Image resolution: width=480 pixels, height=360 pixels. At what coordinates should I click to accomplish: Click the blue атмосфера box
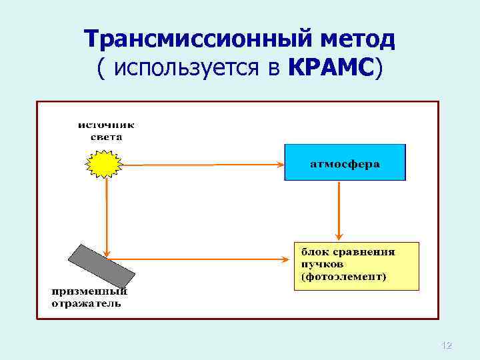click(345, 162)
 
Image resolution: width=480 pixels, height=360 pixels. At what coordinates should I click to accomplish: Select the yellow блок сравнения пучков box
click(357, 265)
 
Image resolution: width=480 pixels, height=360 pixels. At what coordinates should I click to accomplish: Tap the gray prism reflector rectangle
click(103, 264)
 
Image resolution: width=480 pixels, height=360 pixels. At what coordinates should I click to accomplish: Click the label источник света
click(106, 130)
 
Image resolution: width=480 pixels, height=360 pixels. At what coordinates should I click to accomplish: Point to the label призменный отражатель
click(89, 297)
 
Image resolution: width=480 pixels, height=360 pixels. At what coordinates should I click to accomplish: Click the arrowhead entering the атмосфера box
click(280, 164)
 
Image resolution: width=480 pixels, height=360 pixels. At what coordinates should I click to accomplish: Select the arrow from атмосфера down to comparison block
click(341, 210)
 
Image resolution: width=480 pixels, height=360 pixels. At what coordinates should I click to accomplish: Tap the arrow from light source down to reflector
click(106, 213)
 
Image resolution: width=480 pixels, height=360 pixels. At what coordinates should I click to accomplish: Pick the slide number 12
click(447, 345)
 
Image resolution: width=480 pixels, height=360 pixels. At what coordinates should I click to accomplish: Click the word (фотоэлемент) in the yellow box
click(343, 276)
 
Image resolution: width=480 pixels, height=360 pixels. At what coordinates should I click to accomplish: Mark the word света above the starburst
click(106, 136)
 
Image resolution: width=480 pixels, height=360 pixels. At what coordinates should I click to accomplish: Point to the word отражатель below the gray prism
click(87, 303)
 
